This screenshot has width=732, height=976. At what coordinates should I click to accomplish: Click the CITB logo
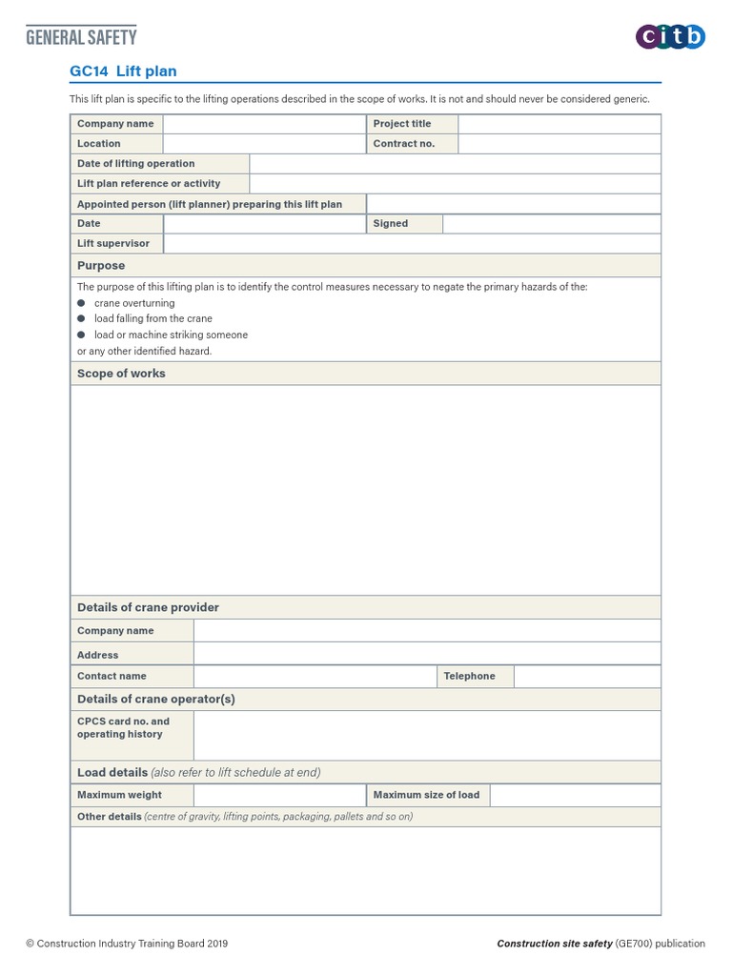click(670, 37)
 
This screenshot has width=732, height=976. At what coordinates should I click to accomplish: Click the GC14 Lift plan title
click(123, 71)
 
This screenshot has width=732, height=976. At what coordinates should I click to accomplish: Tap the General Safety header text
click(81, 37)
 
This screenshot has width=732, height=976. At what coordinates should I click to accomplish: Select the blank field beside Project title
click(559, 124)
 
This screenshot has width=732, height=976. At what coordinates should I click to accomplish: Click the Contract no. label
click(404, 144)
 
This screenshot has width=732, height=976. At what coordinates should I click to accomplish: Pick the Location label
click(99, 144)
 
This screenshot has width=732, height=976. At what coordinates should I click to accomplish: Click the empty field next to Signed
click(551, 224)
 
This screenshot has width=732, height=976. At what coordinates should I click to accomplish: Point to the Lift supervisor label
click(113, 244)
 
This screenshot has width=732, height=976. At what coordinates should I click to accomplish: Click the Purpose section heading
click(101, 266)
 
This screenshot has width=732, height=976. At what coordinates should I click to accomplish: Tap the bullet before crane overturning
click(81, 303)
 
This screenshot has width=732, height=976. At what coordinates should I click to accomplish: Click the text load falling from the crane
click(152, 319)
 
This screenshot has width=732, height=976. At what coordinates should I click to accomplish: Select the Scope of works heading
click(121, 374)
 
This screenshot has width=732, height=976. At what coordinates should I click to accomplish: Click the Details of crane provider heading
click(148, 607)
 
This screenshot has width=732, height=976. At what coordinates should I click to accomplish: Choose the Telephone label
click(470, 677)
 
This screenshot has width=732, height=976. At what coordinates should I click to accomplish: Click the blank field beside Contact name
click(315, 677)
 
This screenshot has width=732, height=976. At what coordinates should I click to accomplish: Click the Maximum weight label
click(119, 795)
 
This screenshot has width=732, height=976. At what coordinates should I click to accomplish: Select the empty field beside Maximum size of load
click(575, 795)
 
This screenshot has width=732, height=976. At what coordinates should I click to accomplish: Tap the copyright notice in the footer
click(127, 945)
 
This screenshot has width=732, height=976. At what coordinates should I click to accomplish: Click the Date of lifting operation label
click(135, 164)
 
